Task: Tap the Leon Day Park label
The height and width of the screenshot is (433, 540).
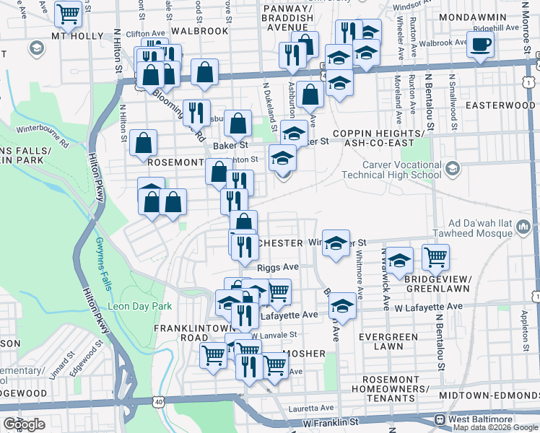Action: pos(140,306)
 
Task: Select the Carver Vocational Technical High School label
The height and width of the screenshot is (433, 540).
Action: pos(401,170)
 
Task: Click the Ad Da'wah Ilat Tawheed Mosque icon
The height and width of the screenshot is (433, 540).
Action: pos(524,229)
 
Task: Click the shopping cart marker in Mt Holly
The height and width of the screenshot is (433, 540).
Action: pos(68,13)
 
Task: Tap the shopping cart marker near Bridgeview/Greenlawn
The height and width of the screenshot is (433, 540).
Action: pos(435,256)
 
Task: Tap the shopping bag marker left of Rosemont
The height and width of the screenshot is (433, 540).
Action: pos(144,144)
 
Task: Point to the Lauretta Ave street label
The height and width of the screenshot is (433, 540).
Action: pos(312,407)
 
